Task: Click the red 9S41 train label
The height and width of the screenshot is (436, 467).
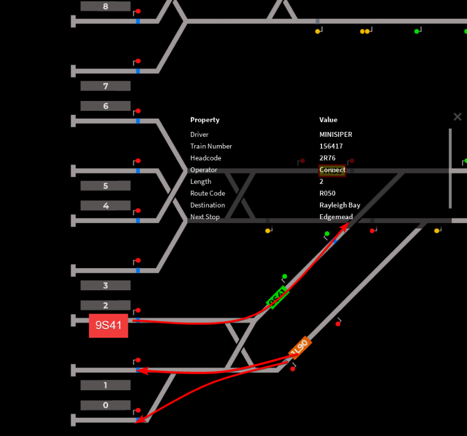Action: [x=109, y=326]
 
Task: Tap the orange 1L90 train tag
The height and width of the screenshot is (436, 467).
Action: [x=300, y=347]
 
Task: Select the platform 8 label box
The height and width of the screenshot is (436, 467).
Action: [x=105, y=7]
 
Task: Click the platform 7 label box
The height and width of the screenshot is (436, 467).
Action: [x=105, y=86]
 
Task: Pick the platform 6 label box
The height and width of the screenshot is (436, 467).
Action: [x=105, y=106]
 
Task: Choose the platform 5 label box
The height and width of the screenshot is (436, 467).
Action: [x=105, y=186]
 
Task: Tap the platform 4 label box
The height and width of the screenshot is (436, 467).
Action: [x=105, y=206]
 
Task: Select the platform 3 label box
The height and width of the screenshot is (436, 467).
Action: [x=105, y=285]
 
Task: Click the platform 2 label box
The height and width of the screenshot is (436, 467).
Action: [x=105, y=305]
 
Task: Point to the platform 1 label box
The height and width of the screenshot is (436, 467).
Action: [x=105, y=385]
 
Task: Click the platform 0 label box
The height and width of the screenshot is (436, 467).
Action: [x=105, y=405]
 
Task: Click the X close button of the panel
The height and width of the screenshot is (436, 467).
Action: [x=457, y=117]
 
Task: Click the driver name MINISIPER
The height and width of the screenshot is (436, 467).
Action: [x=335, y=135]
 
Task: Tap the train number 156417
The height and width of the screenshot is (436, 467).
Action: [x=331, y=146]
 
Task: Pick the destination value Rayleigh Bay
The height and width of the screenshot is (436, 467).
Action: [x=340, y=205]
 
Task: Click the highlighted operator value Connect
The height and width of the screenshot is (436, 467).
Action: [x=332, y=170]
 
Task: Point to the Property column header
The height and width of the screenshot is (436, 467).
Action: [x=205, y=120]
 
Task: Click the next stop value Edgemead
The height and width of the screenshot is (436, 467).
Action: [x=336, y=217]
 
